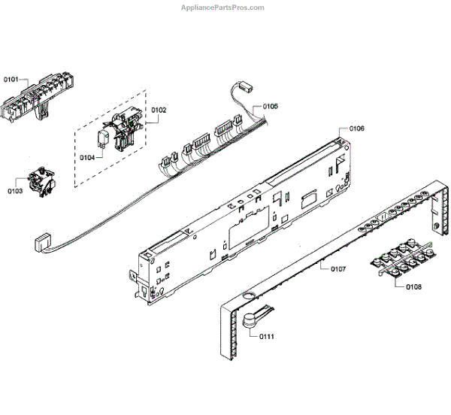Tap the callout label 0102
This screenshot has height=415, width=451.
tap(159, 111)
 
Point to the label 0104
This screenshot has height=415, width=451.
tap(86, 157)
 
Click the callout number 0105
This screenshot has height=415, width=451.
tap(270, 107)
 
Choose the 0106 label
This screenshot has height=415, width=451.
tap(357, 129)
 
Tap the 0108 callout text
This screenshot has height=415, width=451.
tap(413, 287)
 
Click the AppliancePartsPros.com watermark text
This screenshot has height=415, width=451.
tap(223, 8)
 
